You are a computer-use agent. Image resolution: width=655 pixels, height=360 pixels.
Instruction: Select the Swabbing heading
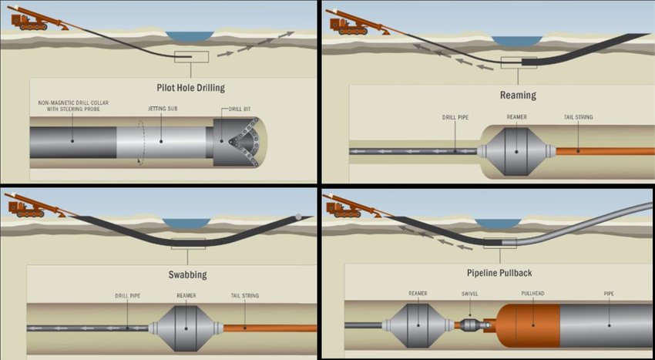pyautogui.click(x=187, y=274)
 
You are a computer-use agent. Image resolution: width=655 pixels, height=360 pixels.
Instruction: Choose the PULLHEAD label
pyautogui.click(x=533, y=294)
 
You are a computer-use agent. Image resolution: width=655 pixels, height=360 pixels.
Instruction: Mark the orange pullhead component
pyautogui.click(x=528, y=325)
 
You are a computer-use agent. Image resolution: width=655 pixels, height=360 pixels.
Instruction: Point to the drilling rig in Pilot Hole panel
pyautogui.click(x=31, y=19)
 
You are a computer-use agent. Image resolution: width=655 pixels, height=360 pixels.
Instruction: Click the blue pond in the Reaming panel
pyautogui.click(x=515, y=40)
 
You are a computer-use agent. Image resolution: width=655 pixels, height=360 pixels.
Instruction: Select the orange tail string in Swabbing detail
pyautogui.click(x=270, y=328)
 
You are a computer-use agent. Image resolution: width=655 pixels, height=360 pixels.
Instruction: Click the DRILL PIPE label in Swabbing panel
pyautogui.click(x=128, y=295)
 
